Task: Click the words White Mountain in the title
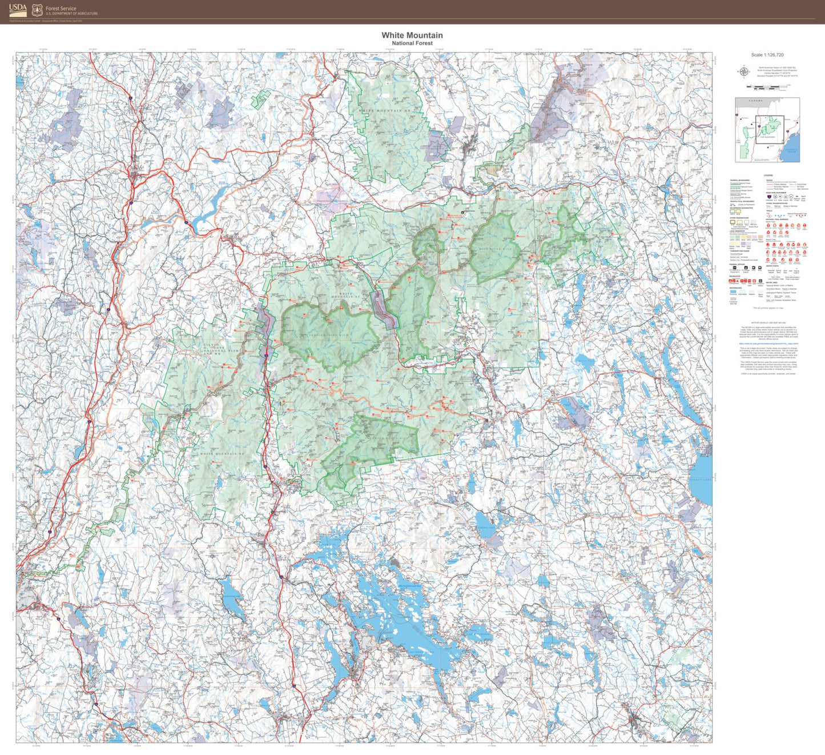coord(412,35)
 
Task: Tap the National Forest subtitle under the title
coord(412,43)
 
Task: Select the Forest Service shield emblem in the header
coord(37,10)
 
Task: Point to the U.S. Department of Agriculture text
coord(72,14)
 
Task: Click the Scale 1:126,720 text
coord(767,55)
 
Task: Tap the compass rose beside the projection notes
coord(744,71)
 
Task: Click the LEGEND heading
coord(768,175)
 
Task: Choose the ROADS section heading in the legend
coord(769,179)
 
